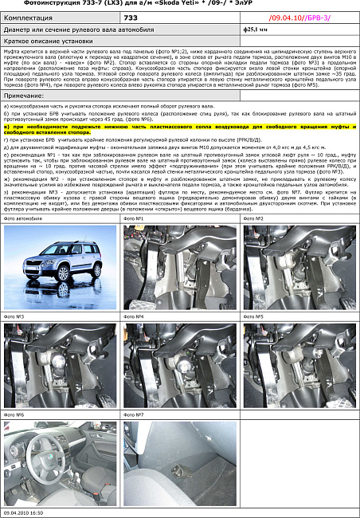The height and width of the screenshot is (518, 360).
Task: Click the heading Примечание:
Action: (x=24, y=95)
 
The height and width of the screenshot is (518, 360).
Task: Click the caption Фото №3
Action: (x=15, y=316)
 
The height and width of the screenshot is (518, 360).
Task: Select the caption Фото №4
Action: (x=135, y=316)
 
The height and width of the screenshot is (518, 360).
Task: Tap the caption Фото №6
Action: (x=15, y=415)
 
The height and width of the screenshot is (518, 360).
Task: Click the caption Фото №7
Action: (x=135, y=415)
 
